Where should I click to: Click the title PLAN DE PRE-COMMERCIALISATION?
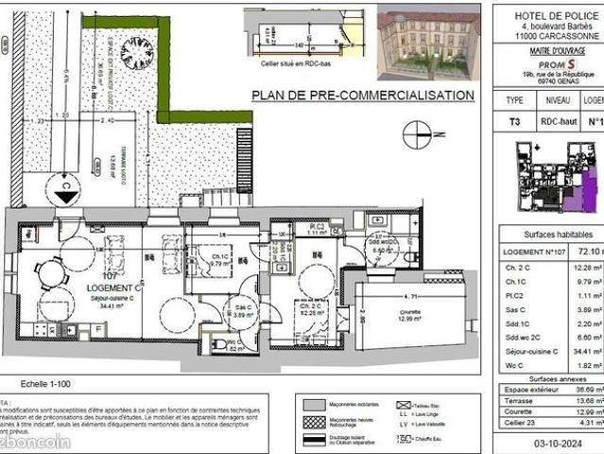[362, 96]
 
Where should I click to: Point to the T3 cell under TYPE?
[515, 121]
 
